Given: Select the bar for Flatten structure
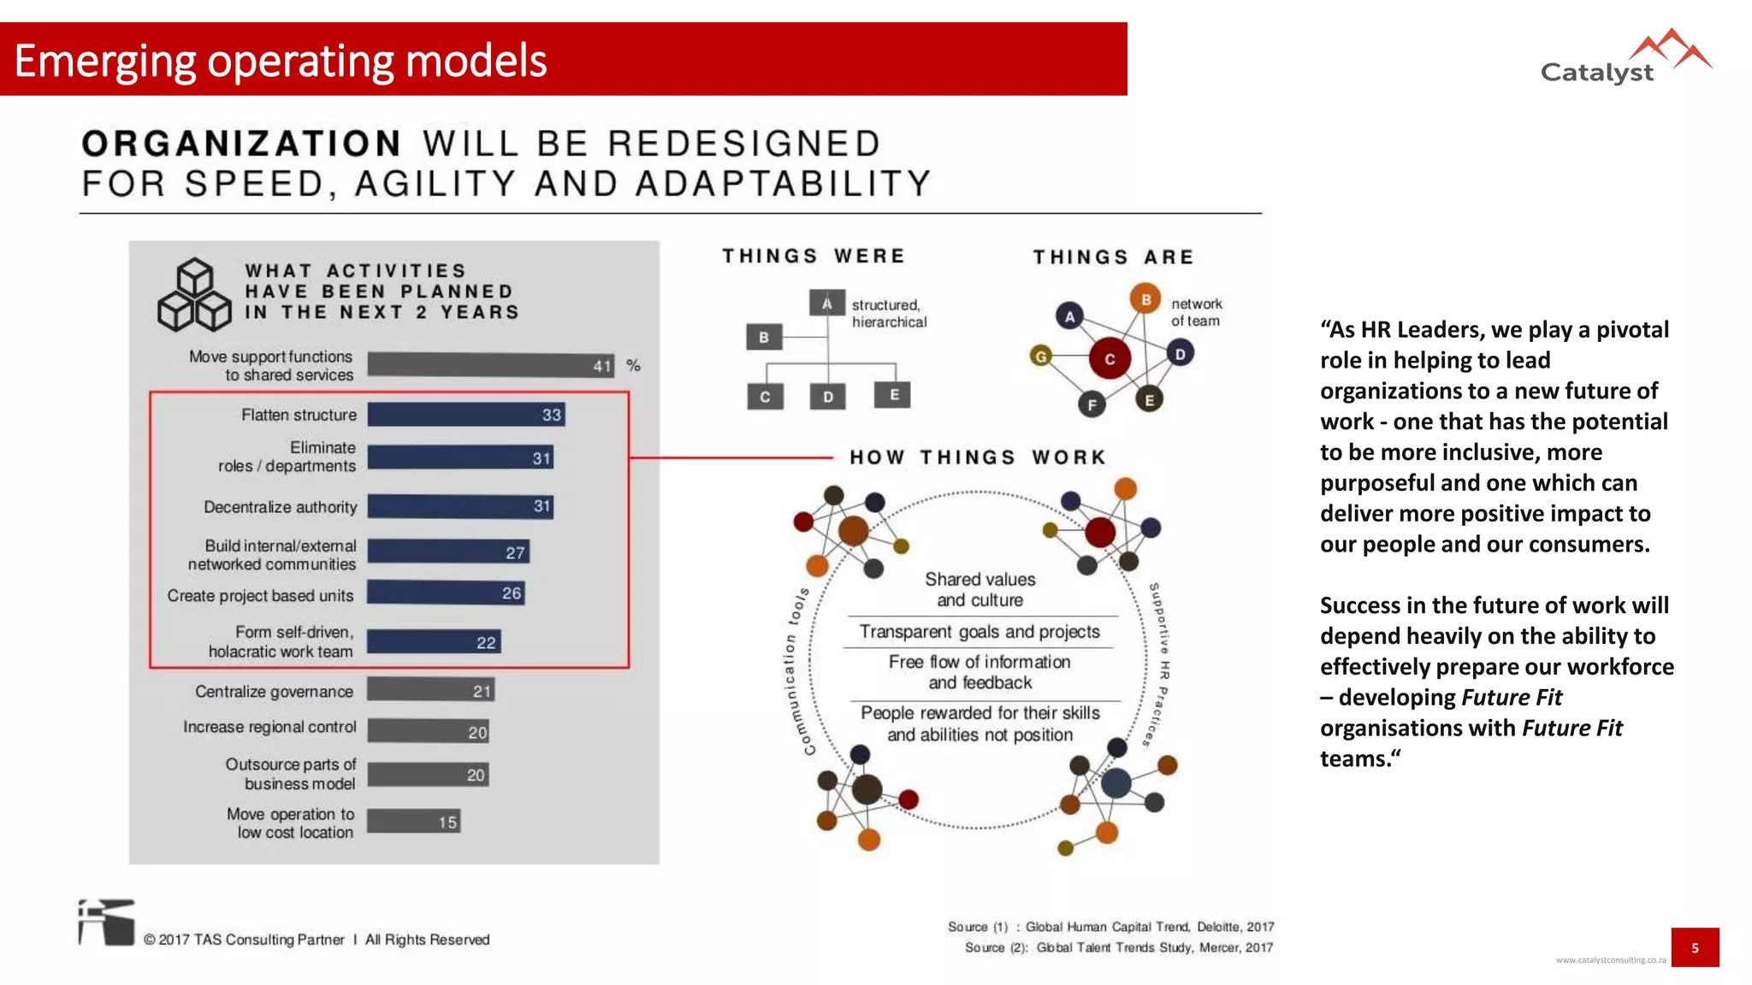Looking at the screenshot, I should click(466, 415).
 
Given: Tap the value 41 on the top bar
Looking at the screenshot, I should click(602, 366).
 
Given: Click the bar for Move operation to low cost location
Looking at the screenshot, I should click(414, 822).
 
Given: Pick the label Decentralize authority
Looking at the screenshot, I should click(280, 507).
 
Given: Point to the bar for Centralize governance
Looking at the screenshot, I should click(430, 691).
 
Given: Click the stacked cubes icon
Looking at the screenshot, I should click(195, 296).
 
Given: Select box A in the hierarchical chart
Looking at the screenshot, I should click(826, 303).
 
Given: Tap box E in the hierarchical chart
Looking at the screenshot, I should click(893, 395).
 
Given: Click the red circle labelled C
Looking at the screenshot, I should click(1110, 359).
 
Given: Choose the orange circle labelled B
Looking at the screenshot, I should click(1145, 299).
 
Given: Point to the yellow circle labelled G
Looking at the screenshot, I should click(1041, 357).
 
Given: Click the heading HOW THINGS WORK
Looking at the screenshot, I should click(978, 457).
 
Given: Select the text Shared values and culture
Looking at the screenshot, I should click(980, 589).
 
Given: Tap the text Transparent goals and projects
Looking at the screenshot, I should click(980, 632).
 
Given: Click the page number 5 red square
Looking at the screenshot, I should click(1694, 947).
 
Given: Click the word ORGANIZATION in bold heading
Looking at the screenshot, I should click(242, 144).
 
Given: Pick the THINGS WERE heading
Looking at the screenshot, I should click(813, 257).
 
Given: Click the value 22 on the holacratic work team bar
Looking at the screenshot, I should click(486, 643).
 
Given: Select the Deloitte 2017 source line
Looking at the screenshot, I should click(1110, 927).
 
